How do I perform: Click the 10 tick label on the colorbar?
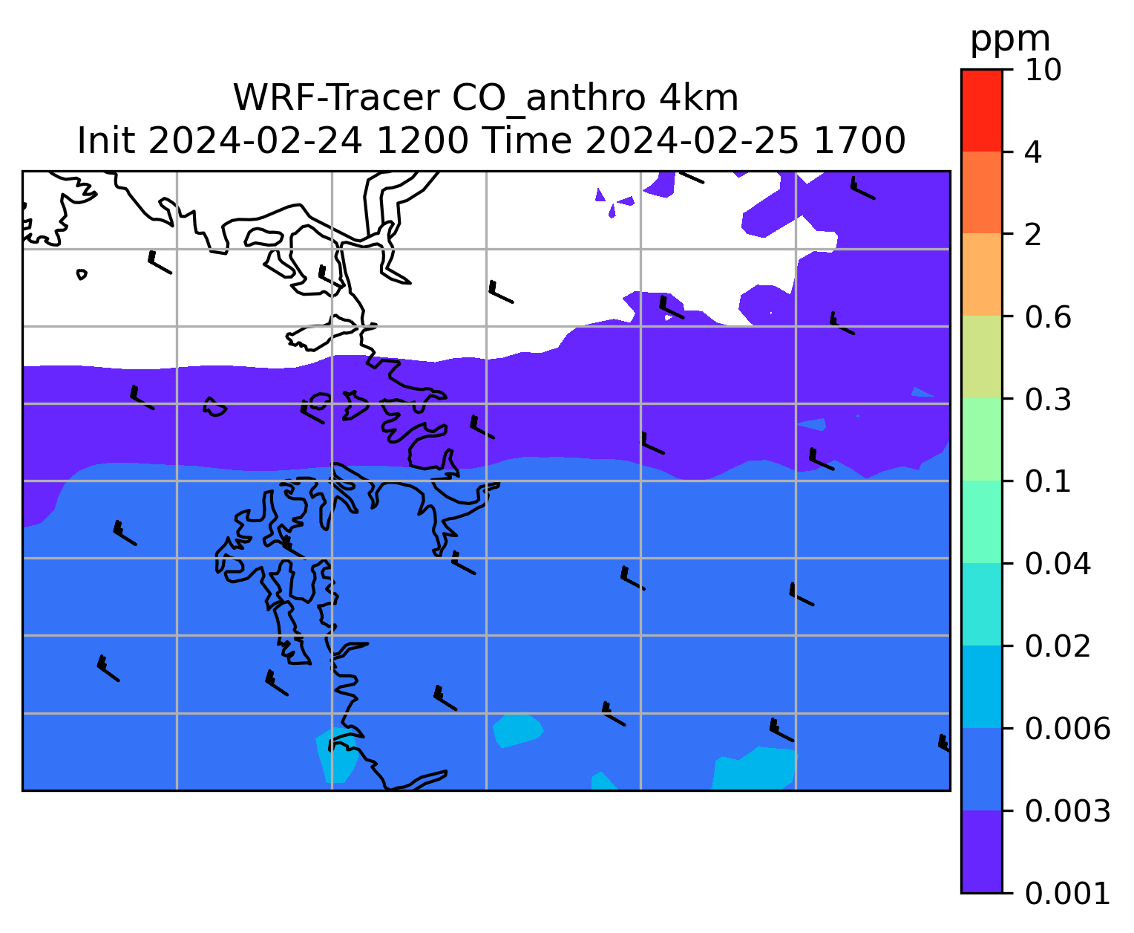(1043, 70)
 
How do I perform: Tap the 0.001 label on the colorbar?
(1066, 894)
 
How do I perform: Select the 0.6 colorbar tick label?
(1047, 317)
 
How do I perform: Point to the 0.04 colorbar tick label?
(1057, 564)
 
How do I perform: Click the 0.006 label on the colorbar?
(1066, 729)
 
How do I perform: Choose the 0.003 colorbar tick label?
(1066, 811)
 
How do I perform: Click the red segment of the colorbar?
(981, 110)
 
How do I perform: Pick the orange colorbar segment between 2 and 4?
(981, 192)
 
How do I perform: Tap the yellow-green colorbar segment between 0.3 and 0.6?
(981, 357)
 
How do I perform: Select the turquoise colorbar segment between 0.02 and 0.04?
(981, 604)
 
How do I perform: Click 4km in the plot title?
(698, 98)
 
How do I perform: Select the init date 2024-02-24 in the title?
(255, 141)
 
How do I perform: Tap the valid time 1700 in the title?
(859, 141)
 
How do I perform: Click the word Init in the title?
(106, 141)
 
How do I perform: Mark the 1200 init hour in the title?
(422, 141)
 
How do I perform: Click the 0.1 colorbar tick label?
(1047, 481)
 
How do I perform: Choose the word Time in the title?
(526, 141)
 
